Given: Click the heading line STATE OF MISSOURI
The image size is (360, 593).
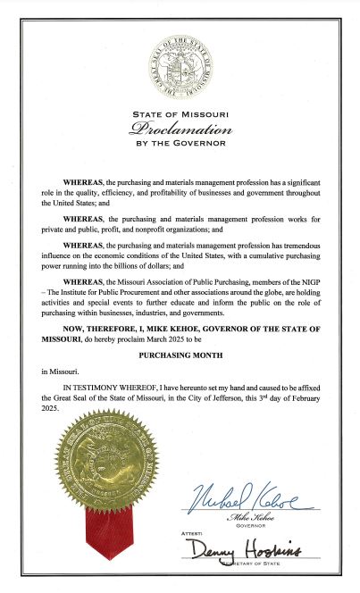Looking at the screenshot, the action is click(x=180, y=114).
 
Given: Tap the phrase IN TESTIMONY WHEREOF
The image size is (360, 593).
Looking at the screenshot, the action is click(x=111, y=389).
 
